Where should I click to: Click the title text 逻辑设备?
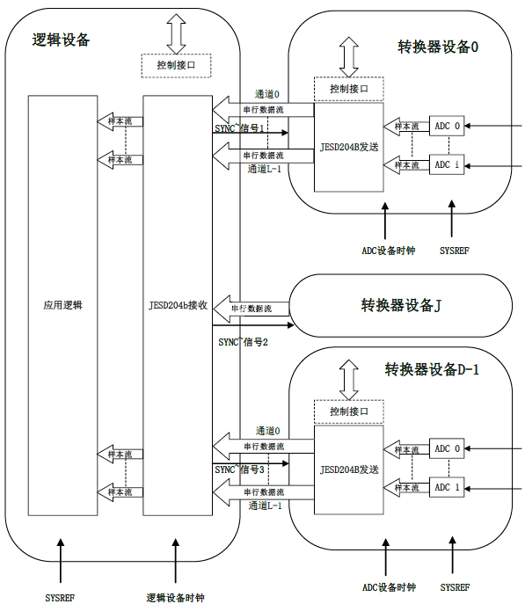coord(61,40)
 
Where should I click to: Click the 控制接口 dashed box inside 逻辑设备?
coord(177,65)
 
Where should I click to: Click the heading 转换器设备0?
coord(437,47)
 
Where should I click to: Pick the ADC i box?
coord(447,164)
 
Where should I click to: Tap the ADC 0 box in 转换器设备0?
coord(447,126)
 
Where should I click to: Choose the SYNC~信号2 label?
coord(242,341)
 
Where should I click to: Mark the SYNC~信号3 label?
coord(239,469)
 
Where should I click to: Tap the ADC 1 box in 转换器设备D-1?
coord(447,487)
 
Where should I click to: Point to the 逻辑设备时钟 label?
coord(175,597)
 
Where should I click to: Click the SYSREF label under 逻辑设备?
coord(60,597)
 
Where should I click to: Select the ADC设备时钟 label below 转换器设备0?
coord(388,250)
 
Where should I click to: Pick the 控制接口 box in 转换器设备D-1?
coord(348,411)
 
